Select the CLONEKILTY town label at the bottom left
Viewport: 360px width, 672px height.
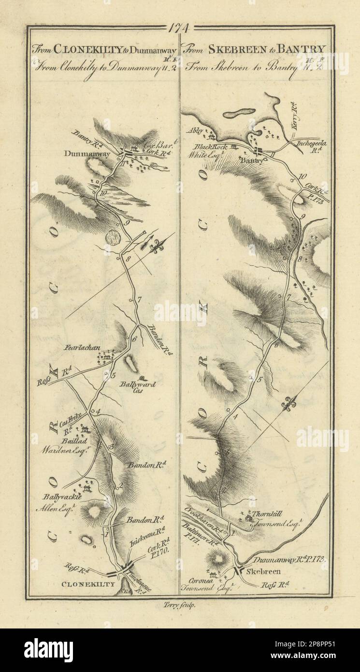coord(89,584)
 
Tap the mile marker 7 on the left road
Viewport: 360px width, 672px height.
coord(139,300)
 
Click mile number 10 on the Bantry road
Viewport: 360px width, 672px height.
coord(302,176)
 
